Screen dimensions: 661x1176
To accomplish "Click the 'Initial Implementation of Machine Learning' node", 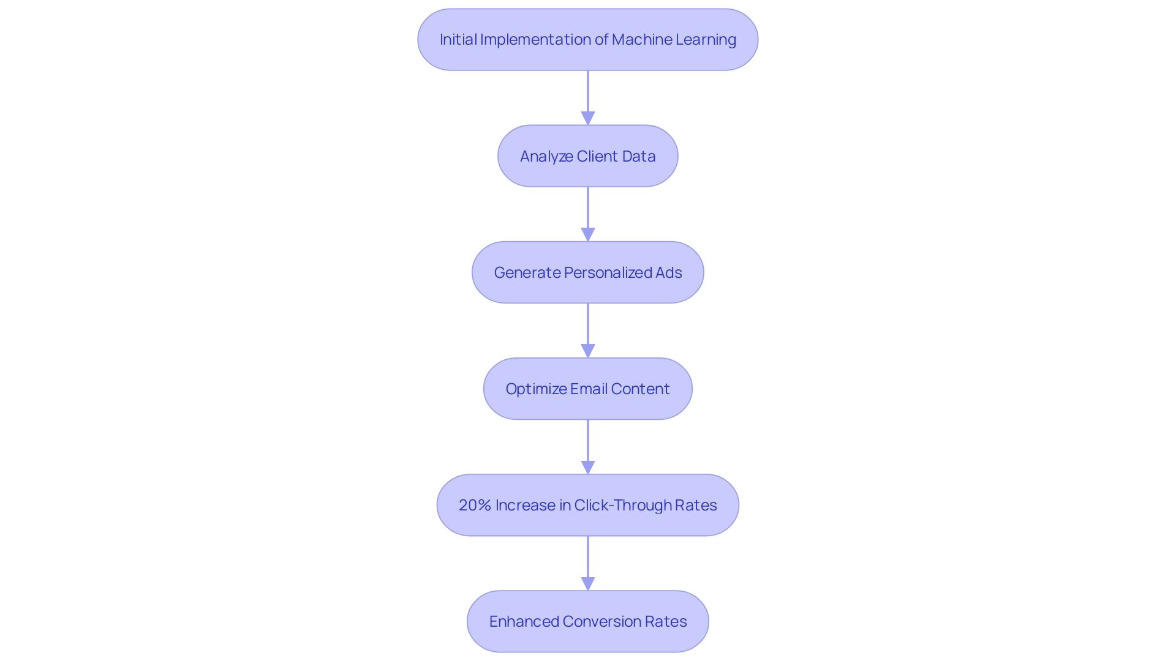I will point(588,40).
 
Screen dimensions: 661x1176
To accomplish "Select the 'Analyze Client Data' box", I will point(588,156).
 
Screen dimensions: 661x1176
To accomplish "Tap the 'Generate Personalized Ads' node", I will point(588,272).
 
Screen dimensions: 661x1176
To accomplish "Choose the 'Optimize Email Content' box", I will point(588,389).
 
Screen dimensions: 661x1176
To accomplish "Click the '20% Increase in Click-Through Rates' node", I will point(588,505).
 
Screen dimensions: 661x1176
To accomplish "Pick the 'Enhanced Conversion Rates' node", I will point(588,621).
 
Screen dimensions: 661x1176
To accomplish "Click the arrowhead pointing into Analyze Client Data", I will point(588,118).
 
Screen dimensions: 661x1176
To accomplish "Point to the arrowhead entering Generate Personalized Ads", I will point(588,234).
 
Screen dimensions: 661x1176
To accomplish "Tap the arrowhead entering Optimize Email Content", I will point(588,351).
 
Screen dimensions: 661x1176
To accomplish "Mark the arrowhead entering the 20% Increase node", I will point(588,467).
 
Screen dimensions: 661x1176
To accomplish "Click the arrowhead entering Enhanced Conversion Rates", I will point(588,583).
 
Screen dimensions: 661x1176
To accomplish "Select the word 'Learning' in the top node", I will point(706,40).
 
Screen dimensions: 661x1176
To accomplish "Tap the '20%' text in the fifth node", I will point(475,506).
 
